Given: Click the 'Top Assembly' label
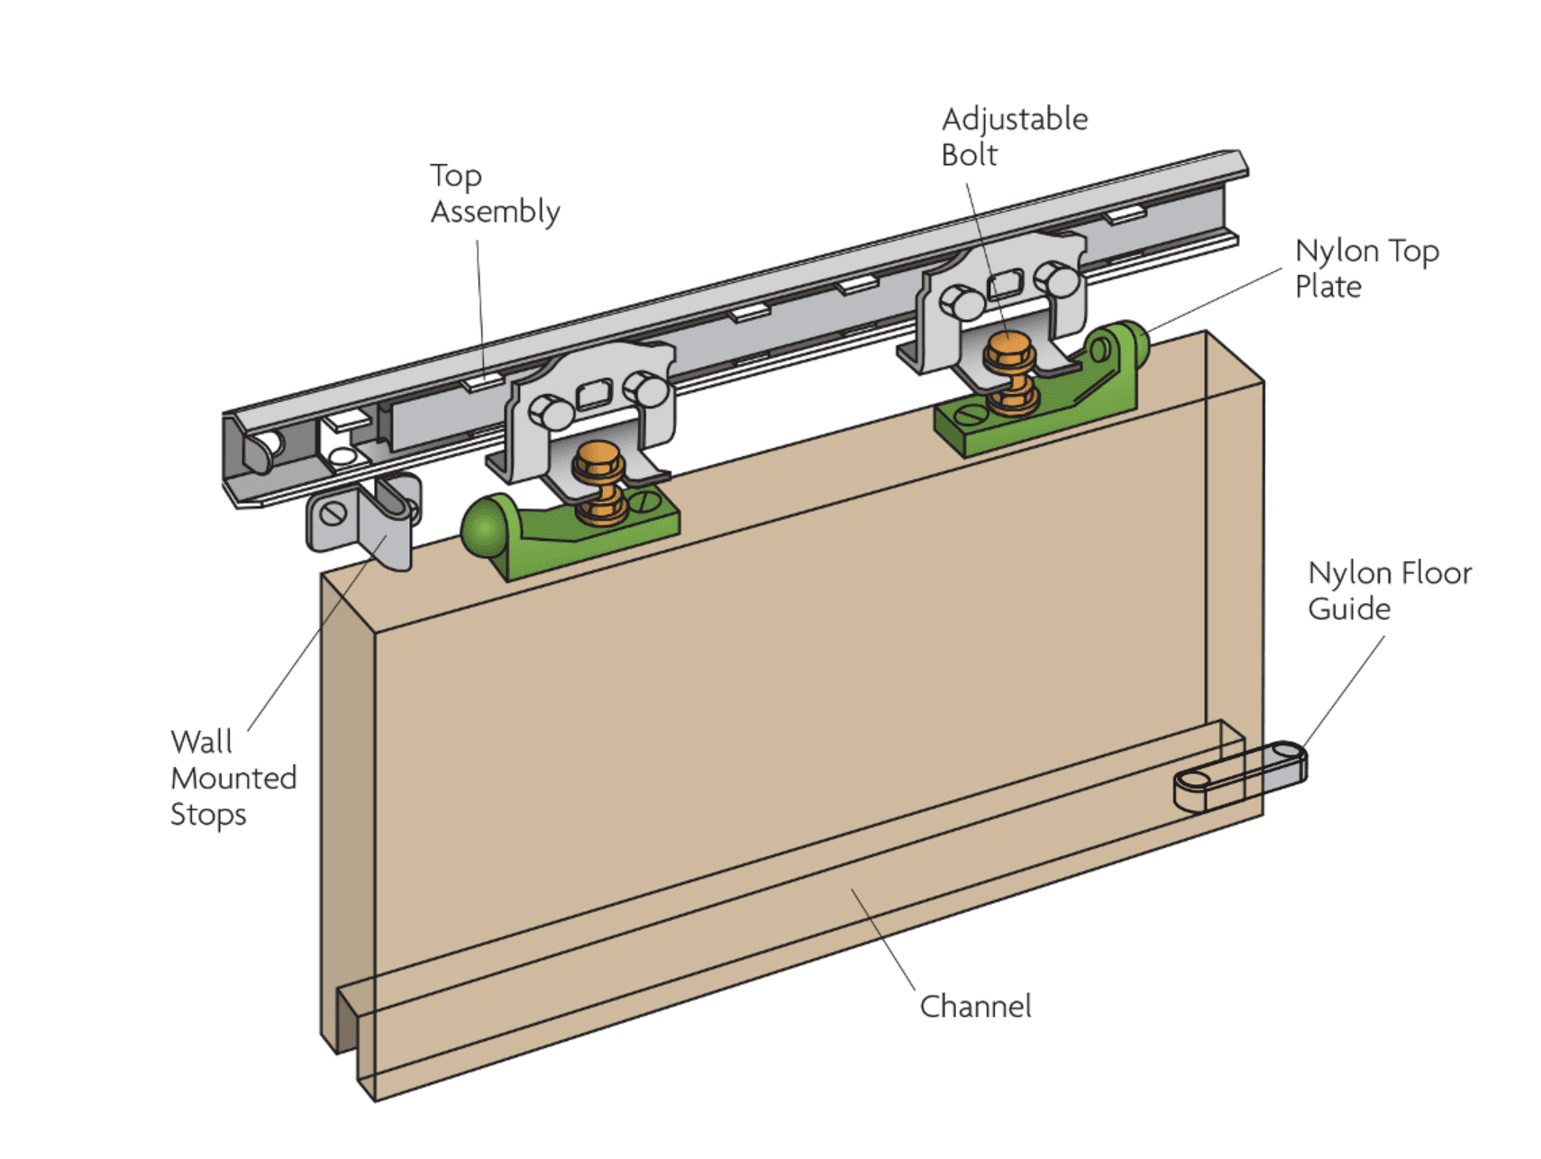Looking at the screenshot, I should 494,194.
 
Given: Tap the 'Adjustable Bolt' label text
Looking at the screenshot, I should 1013,137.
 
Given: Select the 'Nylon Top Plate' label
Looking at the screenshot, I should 1365,269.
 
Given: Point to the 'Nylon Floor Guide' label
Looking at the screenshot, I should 1388,590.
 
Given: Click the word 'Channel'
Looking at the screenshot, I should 975,1006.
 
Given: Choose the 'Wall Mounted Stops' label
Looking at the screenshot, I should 233,778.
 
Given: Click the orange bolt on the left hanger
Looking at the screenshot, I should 599,482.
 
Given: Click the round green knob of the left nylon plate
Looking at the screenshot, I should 484,529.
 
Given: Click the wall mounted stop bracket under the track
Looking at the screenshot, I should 365,523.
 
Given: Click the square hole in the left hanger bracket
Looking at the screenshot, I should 593,394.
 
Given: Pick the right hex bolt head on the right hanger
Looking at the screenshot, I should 1057,278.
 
